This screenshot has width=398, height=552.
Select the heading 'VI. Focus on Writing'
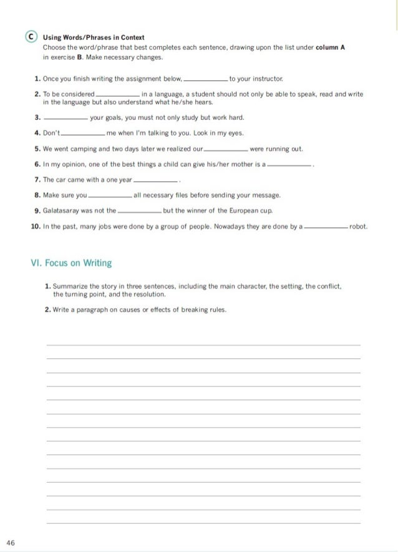pos(71,263)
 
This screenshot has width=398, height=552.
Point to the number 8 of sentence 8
pos(37,195)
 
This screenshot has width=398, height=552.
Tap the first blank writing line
pos(203,344)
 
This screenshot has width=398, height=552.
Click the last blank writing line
pos(203,523)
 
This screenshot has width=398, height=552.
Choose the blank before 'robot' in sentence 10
pos(325,228)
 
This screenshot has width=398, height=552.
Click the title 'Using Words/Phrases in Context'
pos(94,38)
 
